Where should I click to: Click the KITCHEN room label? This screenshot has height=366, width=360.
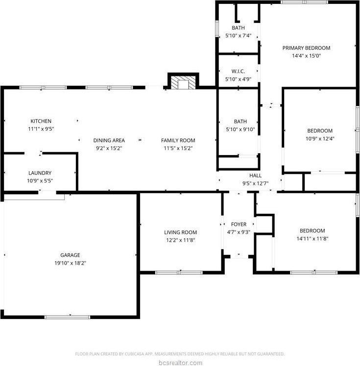coord(41,121)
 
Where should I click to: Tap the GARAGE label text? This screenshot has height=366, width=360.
coord(70,255)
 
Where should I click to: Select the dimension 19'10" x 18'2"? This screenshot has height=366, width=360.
coord(70,263)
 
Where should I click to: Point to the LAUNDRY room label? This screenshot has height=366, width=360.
coord(40,173)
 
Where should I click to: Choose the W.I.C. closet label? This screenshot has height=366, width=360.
coord(238,71)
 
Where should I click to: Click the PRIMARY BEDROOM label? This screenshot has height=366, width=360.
coord(306,48)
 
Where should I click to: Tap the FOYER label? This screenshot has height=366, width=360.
coord(239,224)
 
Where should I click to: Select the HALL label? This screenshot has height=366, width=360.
coord(255,176)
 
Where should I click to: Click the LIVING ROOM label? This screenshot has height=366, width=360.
coord(180,232)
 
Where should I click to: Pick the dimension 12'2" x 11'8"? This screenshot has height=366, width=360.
coord(180,240)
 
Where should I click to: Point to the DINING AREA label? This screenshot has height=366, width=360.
coord(109,140)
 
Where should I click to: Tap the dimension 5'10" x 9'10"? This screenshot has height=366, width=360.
coord(240,129)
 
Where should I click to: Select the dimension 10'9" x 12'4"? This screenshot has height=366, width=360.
coord(320,138)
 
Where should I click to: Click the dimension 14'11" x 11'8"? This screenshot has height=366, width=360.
coord(312,239)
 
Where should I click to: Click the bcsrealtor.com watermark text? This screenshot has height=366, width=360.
coord(180,363)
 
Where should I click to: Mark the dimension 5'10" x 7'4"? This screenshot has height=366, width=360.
coord(238,36)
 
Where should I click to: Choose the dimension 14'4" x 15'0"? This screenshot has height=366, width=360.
coord(306,56)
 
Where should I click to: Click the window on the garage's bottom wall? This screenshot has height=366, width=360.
coord(67,317)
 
